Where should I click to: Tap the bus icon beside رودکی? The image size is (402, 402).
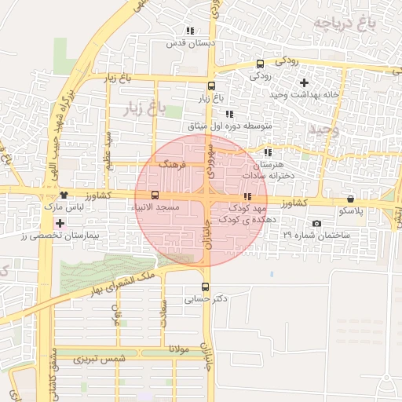(x=261, y=64)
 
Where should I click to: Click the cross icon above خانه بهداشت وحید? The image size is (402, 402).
(x=305, y=82)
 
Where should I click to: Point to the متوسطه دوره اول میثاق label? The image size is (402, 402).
(x=228, y=126)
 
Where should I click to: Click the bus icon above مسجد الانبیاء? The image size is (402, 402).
(x=154, y=195)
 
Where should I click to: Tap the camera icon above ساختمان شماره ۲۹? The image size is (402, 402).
(x=316, y=224)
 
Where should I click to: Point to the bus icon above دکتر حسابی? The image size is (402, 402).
(x=206, y=287)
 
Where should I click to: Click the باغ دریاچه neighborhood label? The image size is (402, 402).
(x=345, y=23)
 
